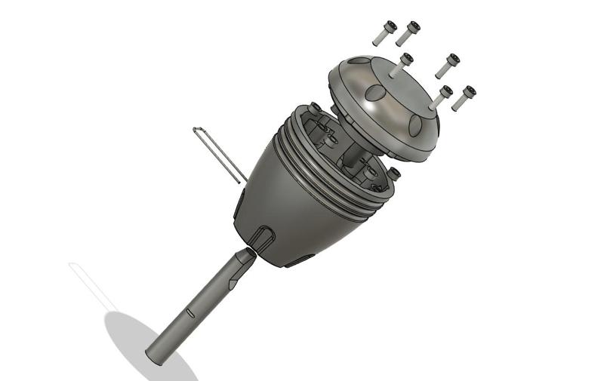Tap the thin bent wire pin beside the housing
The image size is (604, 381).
[x=220, y=155]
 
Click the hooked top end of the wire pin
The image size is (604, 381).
[x=197, y=131]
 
